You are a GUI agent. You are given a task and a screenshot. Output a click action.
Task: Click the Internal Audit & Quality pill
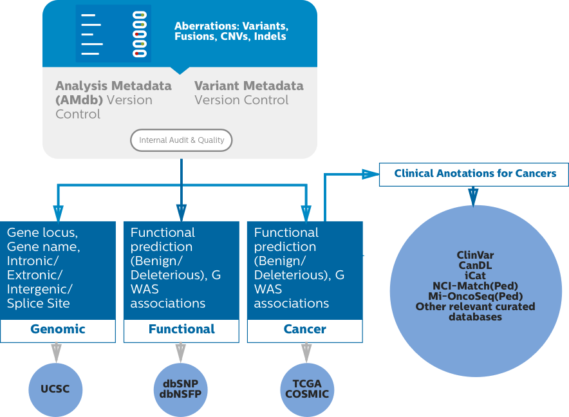181,140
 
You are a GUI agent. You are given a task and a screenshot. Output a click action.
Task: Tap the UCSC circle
57,389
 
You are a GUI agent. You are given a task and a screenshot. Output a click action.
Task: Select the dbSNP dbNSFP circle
182,389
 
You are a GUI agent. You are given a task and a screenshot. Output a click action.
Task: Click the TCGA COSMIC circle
307,389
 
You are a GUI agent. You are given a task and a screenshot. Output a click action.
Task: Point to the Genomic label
58,329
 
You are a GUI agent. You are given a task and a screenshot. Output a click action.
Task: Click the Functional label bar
182,329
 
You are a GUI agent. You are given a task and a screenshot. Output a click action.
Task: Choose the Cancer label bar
305,329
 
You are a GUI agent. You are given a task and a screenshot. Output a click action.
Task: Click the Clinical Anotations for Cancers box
474,174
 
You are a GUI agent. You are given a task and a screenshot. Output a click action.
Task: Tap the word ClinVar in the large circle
475,255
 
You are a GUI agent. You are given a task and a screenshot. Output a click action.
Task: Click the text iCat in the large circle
475,276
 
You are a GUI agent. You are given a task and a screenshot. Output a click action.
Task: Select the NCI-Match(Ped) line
475,286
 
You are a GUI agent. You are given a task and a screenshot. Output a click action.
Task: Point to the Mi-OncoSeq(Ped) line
475,297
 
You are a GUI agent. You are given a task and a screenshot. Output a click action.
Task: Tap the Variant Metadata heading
248,86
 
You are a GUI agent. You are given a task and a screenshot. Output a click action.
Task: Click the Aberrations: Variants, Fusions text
231,32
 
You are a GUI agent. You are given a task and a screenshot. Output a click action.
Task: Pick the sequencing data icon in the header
113,33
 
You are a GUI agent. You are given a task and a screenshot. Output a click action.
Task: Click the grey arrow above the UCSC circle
57,353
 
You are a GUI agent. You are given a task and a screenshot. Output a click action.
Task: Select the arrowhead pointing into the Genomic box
58,214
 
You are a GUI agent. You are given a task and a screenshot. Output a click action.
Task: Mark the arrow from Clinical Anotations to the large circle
474,196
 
